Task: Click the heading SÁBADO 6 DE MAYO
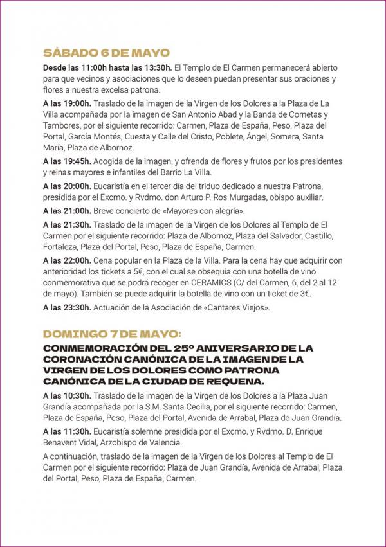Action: coord(106,53)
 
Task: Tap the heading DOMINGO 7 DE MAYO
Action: coord(112,334)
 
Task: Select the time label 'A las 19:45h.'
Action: coord(68,161)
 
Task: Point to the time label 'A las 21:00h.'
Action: coord(68,211)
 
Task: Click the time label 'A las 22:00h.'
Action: coord(68,260)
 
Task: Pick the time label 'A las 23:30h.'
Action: coord(68,308)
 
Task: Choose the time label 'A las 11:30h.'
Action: coord(68,431)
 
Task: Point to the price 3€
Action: coord(303,294)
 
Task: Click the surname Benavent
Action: coord(63,442)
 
